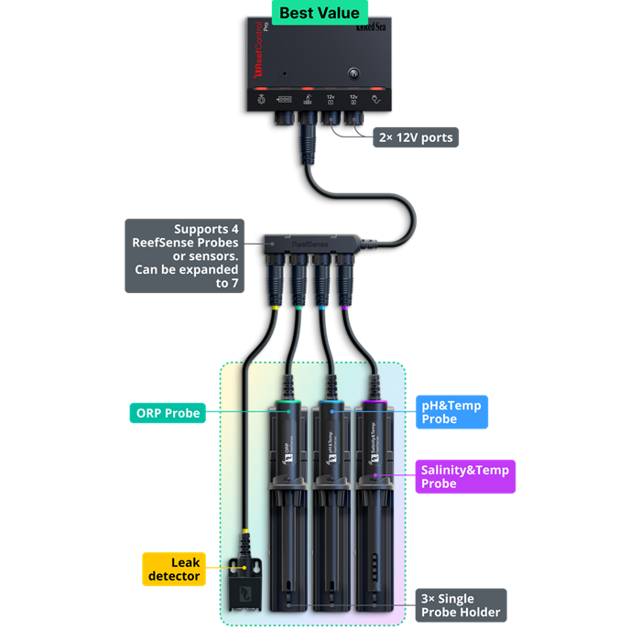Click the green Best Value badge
tap(320, 14)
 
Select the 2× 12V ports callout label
tap(415, 138)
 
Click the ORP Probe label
tap(165, 413)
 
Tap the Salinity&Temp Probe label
tap(464, 476)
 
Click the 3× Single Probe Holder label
tap(461, 605)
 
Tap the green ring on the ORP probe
tap(291, 403)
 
